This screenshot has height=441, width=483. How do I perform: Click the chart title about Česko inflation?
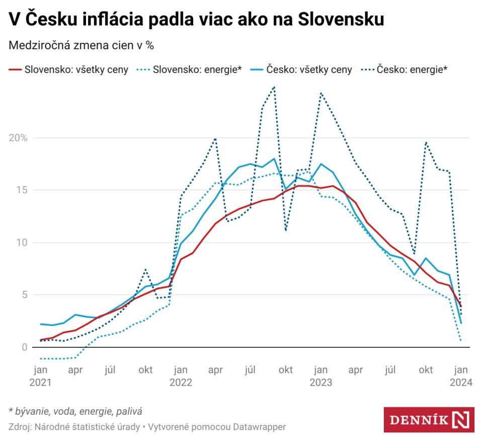click(197, 20)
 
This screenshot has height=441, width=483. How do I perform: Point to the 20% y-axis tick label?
click(18, 138)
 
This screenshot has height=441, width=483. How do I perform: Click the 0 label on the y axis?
click(24, 347)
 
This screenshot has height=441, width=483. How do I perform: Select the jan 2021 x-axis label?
click(40, 376)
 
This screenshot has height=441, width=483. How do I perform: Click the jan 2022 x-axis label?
click(181, 376)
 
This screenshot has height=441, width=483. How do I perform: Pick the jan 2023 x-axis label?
click(320, 376)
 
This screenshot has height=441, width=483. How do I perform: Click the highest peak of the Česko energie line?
click(274, 87)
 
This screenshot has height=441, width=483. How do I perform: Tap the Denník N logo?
click(429, 419)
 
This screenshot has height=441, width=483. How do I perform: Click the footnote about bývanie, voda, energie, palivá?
click(75, 411)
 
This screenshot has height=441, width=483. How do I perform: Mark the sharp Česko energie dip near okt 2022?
click(286, 230)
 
